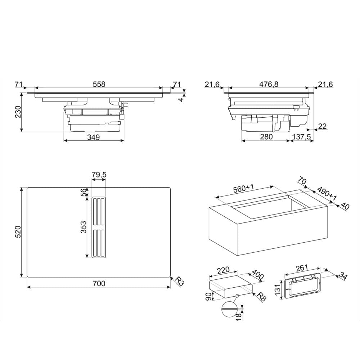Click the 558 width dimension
point(99,84)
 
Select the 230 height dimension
point(18,112)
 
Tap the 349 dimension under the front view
point(94,137)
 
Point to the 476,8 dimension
point(269,84)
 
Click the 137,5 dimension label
point(301,137)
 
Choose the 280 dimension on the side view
point(266,137)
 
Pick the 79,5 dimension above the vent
point(99,175)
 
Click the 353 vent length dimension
point(84,227)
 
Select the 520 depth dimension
point(18,232)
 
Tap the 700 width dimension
point(99,284)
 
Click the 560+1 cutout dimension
point(243,189)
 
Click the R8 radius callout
point(261,296)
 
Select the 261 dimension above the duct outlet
point(302,268)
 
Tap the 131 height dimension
point(278,290)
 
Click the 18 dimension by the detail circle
point(239,316)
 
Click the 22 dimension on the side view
point(322,126)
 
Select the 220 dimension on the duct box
point(223,270)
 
